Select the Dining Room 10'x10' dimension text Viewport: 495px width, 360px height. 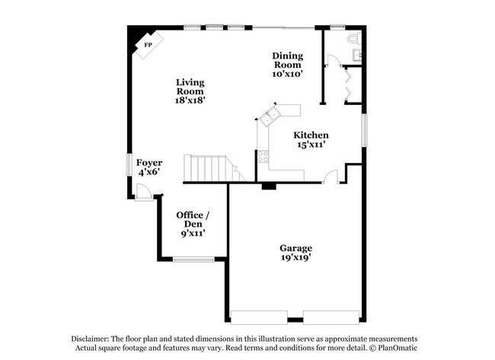pyautogui.click(x=288, y=75)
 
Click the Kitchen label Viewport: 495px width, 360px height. pyautogui.click(x=311, y=135)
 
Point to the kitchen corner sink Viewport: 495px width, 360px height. pyautogui.click(x=269, y=116)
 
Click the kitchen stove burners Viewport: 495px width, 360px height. pyautogui.click(x=263, y=158)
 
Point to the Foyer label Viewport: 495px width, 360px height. pyautogui.click(x=148, y=162)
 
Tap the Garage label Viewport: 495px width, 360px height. pyautogui.click(x=295, y=248)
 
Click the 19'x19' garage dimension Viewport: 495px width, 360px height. pyautogui.click(x=295, y=258)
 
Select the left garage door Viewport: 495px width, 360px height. pyautogui.click(x=259, y=317)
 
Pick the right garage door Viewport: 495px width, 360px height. pyautogui.click(x=331, y=317)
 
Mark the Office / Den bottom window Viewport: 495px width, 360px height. pyautogui.click(x=193, y=260)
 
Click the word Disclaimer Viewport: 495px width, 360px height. pyautogui.click(x=91, y=339)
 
